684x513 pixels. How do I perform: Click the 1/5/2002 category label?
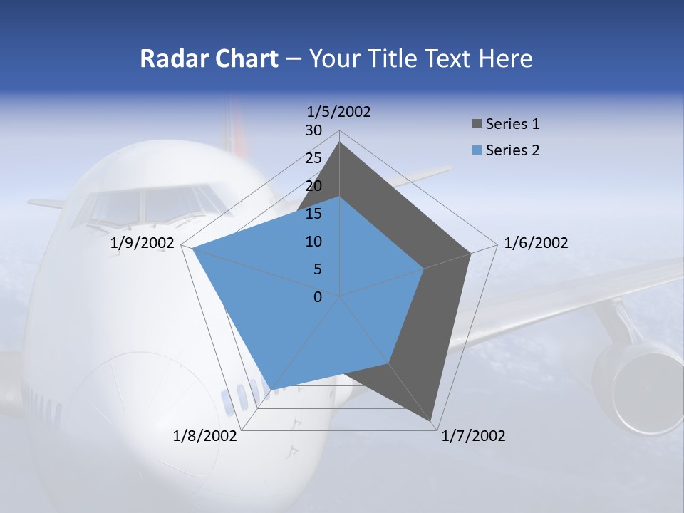(339, 112)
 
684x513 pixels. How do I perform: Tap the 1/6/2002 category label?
(536, 243)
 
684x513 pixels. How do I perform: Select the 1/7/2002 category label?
(473, 436)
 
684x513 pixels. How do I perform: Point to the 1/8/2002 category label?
(205, 436)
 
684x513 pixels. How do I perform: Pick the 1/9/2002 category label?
(142, 243)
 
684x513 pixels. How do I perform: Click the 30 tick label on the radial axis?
(313, 130)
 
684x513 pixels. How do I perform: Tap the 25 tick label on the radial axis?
(313, 158)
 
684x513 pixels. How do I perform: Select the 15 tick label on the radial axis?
(313, 214)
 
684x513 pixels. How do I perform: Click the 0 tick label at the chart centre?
(318, 297)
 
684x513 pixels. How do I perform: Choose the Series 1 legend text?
(512, 124)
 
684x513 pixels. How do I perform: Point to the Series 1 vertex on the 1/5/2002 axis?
(340, 142)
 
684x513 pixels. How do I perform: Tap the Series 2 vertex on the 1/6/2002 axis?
(424, 269)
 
